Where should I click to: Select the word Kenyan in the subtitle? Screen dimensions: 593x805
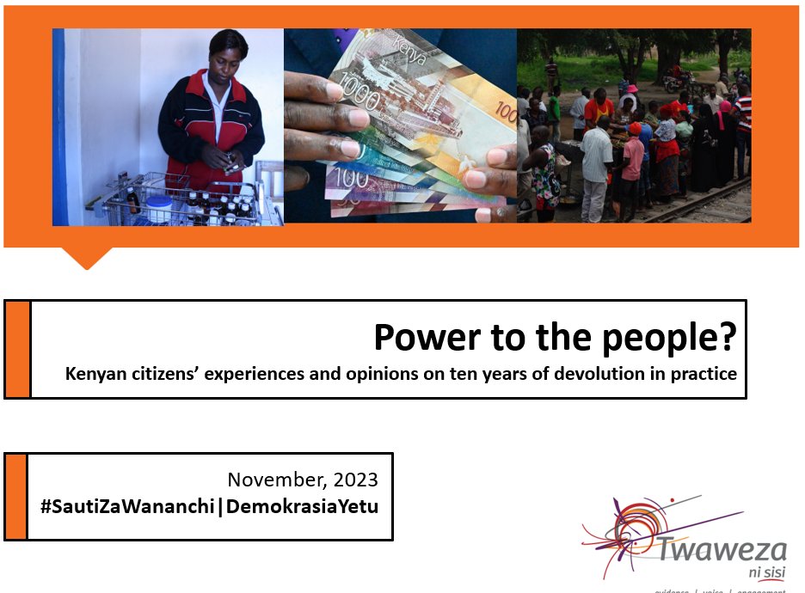tap(95, 375)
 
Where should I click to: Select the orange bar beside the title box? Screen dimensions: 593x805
tap(17, 349)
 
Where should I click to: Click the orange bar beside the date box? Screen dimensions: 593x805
tap(15, 497)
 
